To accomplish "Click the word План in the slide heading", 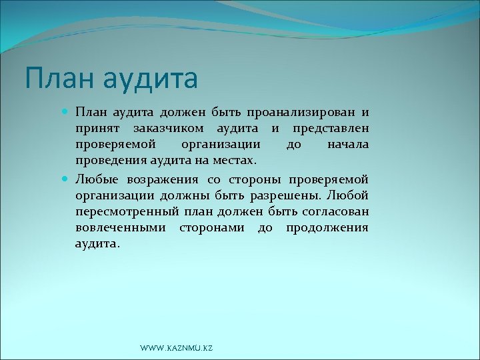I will (x=54, y=77).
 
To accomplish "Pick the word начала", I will (x=348, y=144).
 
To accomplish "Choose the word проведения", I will (x=109, y=161).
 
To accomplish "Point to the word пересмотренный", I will (x=123, y=211).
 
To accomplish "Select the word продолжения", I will (x=327, y=228).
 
